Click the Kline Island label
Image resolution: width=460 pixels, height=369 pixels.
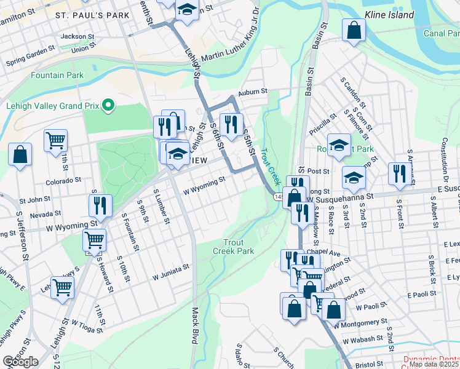coord(389,14)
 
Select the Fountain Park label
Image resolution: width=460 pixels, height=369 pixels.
coord(57,75)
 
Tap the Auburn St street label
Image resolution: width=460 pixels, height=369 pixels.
coord(253,91)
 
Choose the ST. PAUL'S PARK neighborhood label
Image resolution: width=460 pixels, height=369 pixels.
coord(92,14)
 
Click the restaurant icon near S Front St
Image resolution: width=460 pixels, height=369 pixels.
coord(398,174)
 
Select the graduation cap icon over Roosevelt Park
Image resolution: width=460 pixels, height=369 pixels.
coord(338,145)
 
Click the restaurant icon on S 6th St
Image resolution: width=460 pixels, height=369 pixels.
coord(231,124)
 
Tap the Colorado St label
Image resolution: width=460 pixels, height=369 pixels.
coord(63,181)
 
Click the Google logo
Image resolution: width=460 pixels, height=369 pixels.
coord(20,362)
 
